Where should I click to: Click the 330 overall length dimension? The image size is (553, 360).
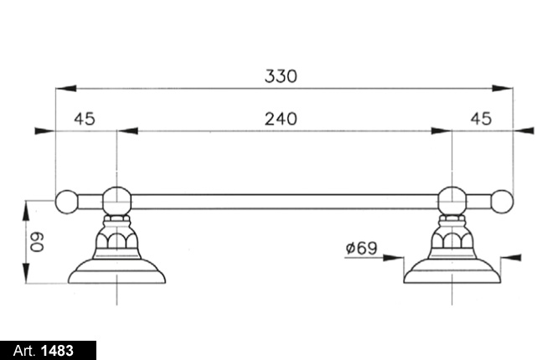click(x=281, y=76)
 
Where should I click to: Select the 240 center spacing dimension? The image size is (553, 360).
click(x=281, y=119)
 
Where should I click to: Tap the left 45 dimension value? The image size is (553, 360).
click(x=84, y=119)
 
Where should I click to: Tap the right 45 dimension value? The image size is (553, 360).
click(x=480, y=119)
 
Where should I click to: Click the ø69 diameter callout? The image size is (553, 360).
click(x=360, y=248)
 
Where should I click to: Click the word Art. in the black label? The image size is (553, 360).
click(x=24, y=350)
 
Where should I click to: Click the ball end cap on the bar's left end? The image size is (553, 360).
click(x=66, y=201)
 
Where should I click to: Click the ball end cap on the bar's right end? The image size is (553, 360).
click(x=502, y=201)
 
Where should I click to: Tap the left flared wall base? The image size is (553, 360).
click(x=116, y=270)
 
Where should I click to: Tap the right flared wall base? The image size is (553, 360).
click(x=452, y=270)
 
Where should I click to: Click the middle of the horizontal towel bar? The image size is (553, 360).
click(x=284, y=201)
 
